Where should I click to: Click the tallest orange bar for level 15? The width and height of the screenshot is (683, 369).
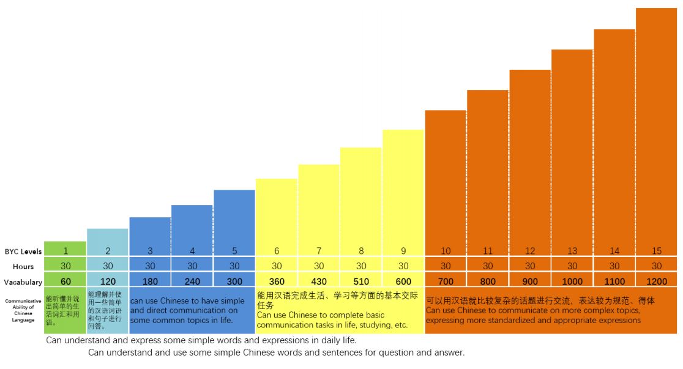point(657,122)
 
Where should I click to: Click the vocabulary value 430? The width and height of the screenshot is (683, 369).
point(319,281)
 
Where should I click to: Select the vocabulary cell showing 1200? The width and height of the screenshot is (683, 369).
point(657,281)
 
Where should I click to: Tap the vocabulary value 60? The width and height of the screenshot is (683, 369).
point(65,281)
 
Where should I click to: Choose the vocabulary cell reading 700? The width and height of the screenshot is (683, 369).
point(446,281)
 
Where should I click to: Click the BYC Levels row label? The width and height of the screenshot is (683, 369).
point(23,252)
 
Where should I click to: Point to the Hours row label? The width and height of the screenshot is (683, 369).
point(23,267)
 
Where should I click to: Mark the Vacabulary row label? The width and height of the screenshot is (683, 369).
point(23,282)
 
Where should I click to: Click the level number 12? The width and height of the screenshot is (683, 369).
point(530,251)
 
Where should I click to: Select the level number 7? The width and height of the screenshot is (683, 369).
point(319,251)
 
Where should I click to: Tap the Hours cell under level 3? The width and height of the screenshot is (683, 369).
point(150,266)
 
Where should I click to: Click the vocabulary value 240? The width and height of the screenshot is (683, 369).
point(192,281)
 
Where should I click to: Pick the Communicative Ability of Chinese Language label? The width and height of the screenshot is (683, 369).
point(23,310)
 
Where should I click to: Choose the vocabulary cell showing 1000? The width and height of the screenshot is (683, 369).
point(572,281)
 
